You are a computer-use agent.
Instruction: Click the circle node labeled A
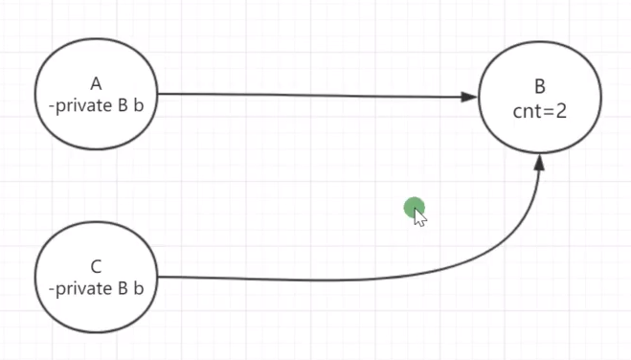[96, 94]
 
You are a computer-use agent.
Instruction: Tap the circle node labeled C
[96, 276]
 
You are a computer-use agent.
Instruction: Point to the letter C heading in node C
[96, 266]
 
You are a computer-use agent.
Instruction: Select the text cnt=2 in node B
[540, 110]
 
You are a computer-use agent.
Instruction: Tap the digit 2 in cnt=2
[561, 110]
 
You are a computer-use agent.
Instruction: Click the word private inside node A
[82, 105]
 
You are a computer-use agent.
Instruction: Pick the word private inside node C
[82, 287]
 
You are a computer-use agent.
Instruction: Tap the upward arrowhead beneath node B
[540, 163]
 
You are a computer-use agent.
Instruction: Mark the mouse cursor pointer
[419, 216]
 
